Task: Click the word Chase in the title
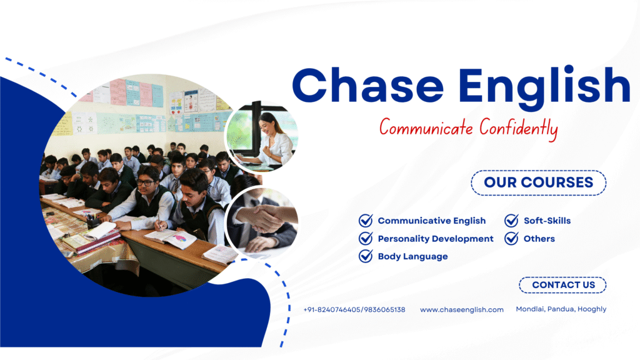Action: pyautogui.click(x=367, y=85)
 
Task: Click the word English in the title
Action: pyautogui.click(x=544, y=87)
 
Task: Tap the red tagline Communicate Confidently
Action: pyautogui.click(x=469, y=129)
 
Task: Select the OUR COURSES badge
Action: pyautogui.click(x=538, y=182)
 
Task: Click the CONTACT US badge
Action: pyautogui.click(x=562, y=285)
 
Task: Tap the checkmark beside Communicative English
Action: pyautogui.click(x=366, y=221)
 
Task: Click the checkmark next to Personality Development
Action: pyautogui.click(x=366, y=238)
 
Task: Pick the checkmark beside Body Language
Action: pyautogui.click(x=366, y=256)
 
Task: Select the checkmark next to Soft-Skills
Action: pyautogui.click(x=511, y=221)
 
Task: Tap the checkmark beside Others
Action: pyautogui.click(x=511, y=238)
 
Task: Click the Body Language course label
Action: pyautogui.click(x=412, y=257)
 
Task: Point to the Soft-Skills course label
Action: pyautogui.click(x=547, y=221)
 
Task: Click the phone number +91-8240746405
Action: pyautogui.click(x=332, y=310)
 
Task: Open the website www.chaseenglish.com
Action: pyautogui.click(x=462, y=310)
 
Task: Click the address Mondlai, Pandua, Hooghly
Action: pyautogui.click(x=561, y=309)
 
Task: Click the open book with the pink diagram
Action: pyautogui.click(x=171, y=238)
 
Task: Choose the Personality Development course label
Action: pyautogui.click(x=436, y=239)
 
